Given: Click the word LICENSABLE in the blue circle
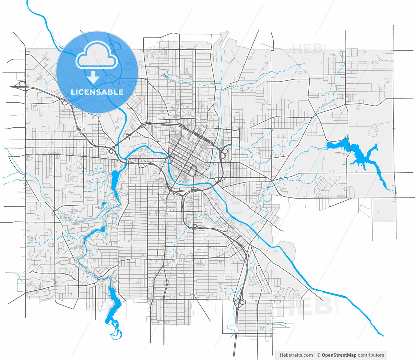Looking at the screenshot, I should [97, 92].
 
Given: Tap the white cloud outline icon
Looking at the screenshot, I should [97, 56].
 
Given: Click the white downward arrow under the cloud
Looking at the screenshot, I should [93, 77].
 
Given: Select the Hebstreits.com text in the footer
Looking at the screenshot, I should [296, 355].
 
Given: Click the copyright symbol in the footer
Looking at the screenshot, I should [319, 355].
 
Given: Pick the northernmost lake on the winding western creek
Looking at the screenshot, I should [115, 177].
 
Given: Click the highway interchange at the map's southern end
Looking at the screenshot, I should [239, 302].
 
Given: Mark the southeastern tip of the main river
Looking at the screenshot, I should [383, 335].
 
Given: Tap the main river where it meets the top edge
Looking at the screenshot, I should [27, 2].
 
